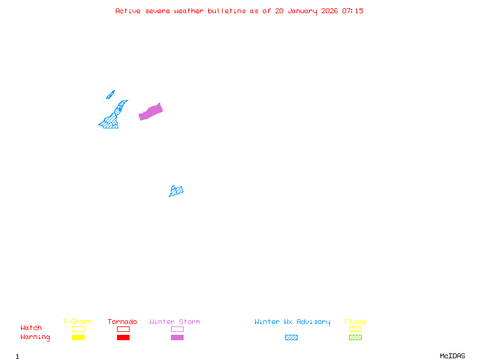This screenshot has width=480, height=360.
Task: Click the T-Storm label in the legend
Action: [x=77, y=322]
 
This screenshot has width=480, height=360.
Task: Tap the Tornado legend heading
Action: [x=122, y=322]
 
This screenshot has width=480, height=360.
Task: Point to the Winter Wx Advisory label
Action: [x=292, y=322]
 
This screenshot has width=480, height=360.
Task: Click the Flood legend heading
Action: [x=355, y=322]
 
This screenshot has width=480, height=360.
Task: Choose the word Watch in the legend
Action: [x=31, y=328]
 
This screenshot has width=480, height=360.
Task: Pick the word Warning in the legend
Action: [x=35, y=337]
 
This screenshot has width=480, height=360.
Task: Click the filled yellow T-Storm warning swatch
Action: [x=78, y=338]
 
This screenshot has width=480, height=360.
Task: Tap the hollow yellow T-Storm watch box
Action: [x=78, y=329]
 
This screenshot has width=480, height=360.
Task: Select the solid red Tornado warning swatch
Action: [x=123, y=338]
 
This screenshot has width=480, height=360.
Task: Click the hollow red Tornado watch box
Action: [x=123, y=329]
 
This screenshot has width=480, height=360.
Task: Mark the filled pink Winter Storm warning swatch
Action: [x=177, y=338]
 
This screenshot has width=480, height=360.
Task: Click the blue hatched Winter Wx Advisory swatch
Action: [x=291, y=338]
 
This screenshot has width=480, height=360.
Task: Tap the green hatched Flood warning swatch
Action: [x=355, y=338]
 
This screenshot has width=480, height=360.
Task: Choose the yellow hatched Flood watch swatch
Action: [x=355, y=329]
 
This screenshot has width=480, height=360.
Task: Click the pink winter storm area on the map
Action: [x=151, y=112]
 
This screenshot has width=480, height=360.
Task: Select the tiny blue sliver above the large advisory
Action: [x=110, y=94]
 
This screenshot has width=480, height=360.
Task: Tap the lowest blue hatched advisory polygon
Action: [x=176, y=191]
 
